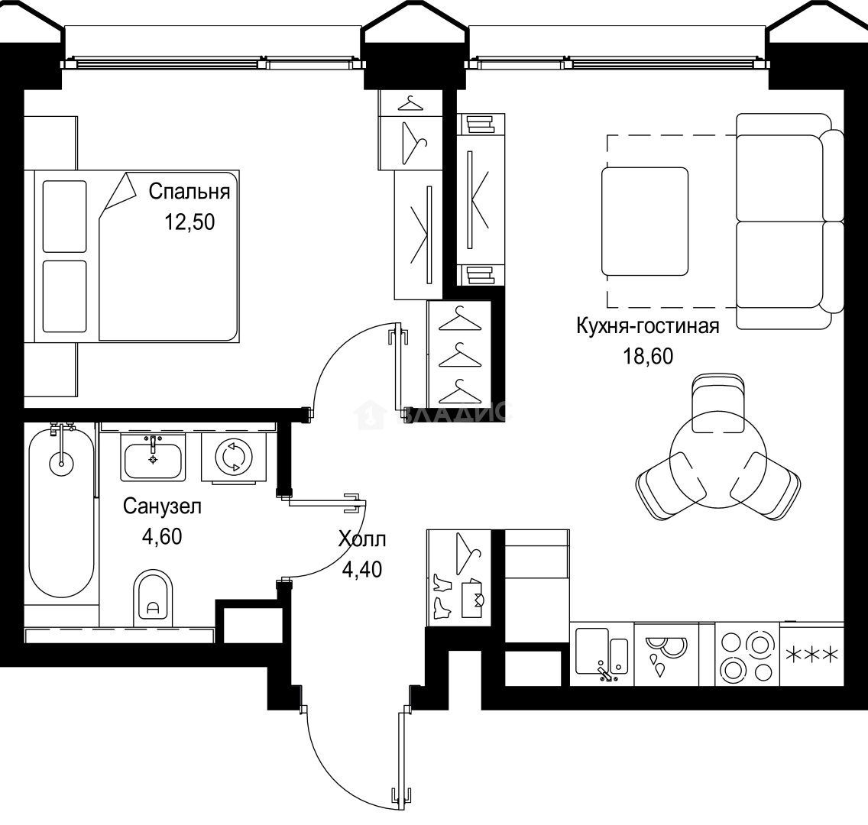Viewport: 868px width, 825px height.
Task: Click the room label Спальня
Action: tap(189, 191)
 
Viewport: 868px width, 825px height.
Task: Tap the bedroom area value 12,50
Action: tap(189, 222)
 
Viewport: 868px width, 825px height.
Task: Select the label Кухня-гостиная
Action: tap(647, 326)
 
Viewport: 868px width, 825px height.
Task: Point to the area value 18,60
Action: tap(647, 356)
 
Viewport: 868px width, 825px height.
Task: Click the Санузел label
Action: tap(161, 506)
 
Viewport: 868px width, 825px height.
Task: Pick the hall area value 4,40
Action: tap(362, 568)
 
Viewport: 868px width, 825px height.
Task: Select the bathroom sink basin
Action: tap(153, 458)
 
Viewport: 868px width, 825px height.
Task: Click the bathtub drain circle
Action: tap(60, 461)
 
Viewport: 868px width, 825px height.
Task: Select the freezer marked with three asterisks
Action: tap(812, 655)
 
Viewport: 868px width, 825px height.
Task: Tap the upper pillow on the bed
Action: tap(65, 216)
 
